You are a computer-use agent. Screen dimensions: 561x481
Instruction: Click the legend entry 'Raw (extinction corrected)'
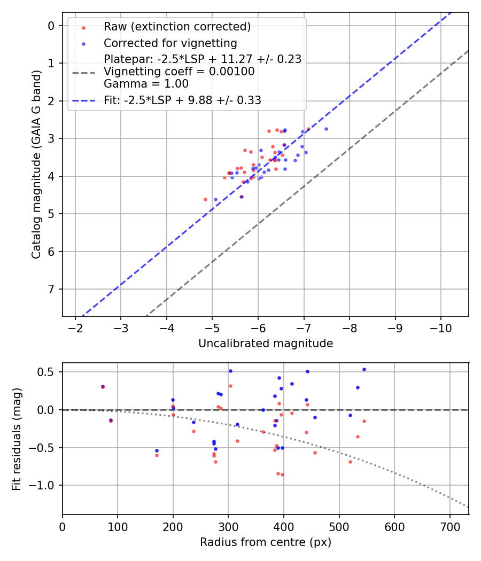[177, 27]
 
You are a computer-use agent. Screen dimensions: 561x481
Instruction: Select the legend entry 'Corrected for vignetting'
[170, 43]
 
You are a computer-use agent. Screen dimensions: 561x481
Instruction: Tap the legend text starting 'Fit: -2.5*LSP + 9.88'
[182, 100]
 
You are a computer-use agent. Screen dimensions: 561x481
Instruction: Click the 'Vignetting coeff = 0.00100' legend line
[179, 72]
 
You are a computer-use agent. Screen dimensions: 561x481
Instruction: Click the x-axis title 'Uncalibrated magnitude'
[266, 344]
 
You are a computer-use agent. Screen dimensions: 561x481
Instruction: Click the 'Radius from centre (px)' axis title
[266, 542]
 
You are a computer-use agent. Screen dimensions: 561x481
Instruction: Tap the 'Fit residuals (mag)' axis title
[17, 439]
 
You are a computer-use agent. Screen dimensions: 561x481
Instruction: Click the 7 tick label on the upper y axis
[52, 290]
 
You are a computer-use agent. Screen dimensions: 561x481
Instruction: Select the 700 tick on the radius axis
[449, 526]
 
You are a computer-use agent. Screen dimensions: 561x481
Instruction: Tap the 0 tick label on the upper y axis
[52, 26]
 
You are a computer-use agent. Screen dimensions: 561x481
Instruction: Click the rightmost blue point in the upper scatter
[326, 129]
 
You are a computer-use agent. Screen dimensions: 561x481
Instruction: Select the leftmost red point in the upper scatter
[205, 199]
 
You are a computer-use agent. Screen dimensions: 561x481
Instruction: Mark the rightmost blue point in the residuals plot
[364, 369]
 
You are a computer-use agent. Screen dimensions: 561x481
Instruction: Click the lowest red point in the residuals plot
[282, 474]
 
